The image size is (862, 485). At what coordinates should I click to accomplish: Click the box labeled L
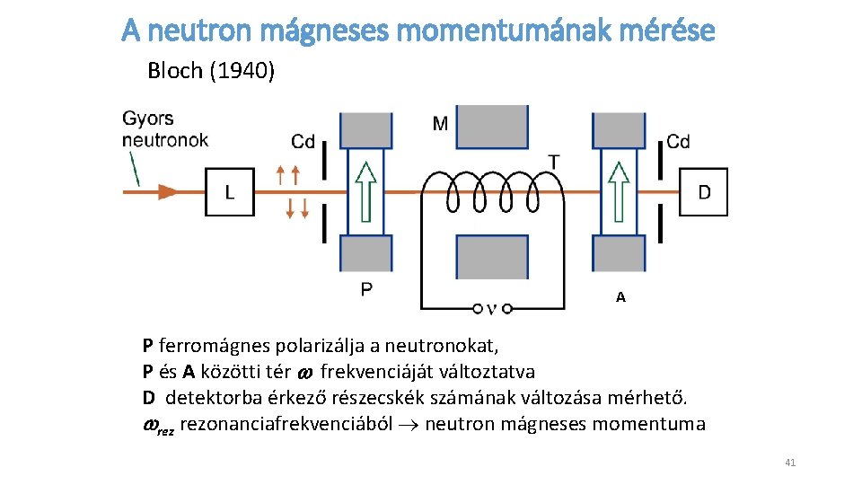pyautogui.click(x=230, y=192)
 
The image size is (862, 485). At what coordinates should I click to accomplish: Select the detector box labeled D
pyautogui.click(x=703, y=192)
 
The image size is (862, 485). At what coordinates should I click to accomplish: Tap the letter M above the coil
pyautogui.click(x=440, y=123)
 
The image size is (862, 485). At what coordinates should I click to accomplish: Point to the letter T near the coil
pyautogui.click(x=554, y=162)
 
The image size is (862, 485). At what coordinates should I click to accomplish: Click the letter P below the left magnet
pyautogui.click(x=366, y=289)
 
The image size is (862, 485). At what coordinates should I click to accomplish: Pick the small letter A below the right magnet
pyautogui.click(x=620, y=297)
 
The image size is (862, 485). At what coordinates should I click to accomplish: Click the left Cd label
pyautogui.click(x=303, y=141)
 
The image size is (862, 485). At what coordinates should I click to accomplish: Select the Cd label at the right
pyautogui.click(x=678, y=141)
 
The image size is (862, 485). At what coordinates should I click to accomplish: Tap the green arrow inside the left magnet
pyautogui.click(x=363, y=190)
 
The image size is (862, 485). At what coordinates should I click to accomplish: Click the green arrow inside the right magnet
pyautogui.click(x=618, y=190)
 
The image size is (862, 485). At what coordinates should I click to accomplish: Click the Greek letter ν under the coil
pyautogui.click(x=491, y=309)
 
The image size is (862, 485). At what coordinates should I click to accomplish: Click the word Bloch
pyautogui.click(x=175, y=71)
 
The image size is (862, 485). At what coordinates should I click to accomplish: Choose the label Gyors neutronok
pyautogui.click(x=165, y=128)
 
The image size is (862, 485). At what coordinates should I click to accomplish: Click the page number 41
pyautogui.click(x=790, y=463)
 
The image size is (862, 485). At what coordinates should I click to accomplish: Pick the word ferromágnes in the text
pyautogui.click(x=208, y=345)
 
